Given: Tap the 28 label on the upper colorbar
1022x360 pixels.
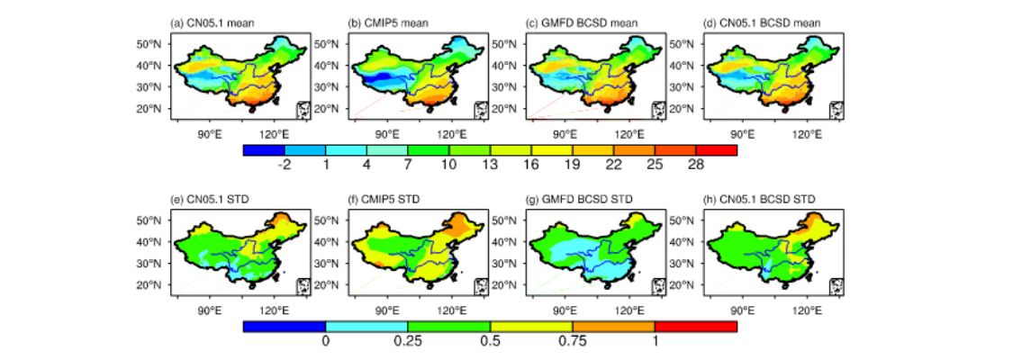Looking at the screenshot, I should click(x=696, y=165).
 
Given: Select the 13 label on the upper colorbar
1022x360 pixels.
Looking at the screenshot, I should click(x=490, y=165).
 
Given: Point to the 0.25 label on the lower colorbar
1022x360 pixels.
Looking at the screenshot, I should click(x=408, y=341).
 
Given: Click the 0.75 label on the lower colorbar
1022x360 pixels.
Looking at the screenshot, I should click(x=573, y=341).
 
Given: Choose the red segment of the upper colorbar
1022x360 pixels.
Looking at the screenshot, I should click(x=717, y=149).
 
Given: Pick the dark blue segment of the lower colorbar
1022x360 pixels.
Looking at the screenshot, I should click(x=285, y=327).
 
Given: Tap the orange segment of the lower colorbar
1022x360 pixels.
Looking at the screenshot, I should click(x=613, y=327).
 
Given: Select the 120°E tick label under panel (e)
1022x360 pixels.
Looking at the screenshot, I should click(x=274, y=310).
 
